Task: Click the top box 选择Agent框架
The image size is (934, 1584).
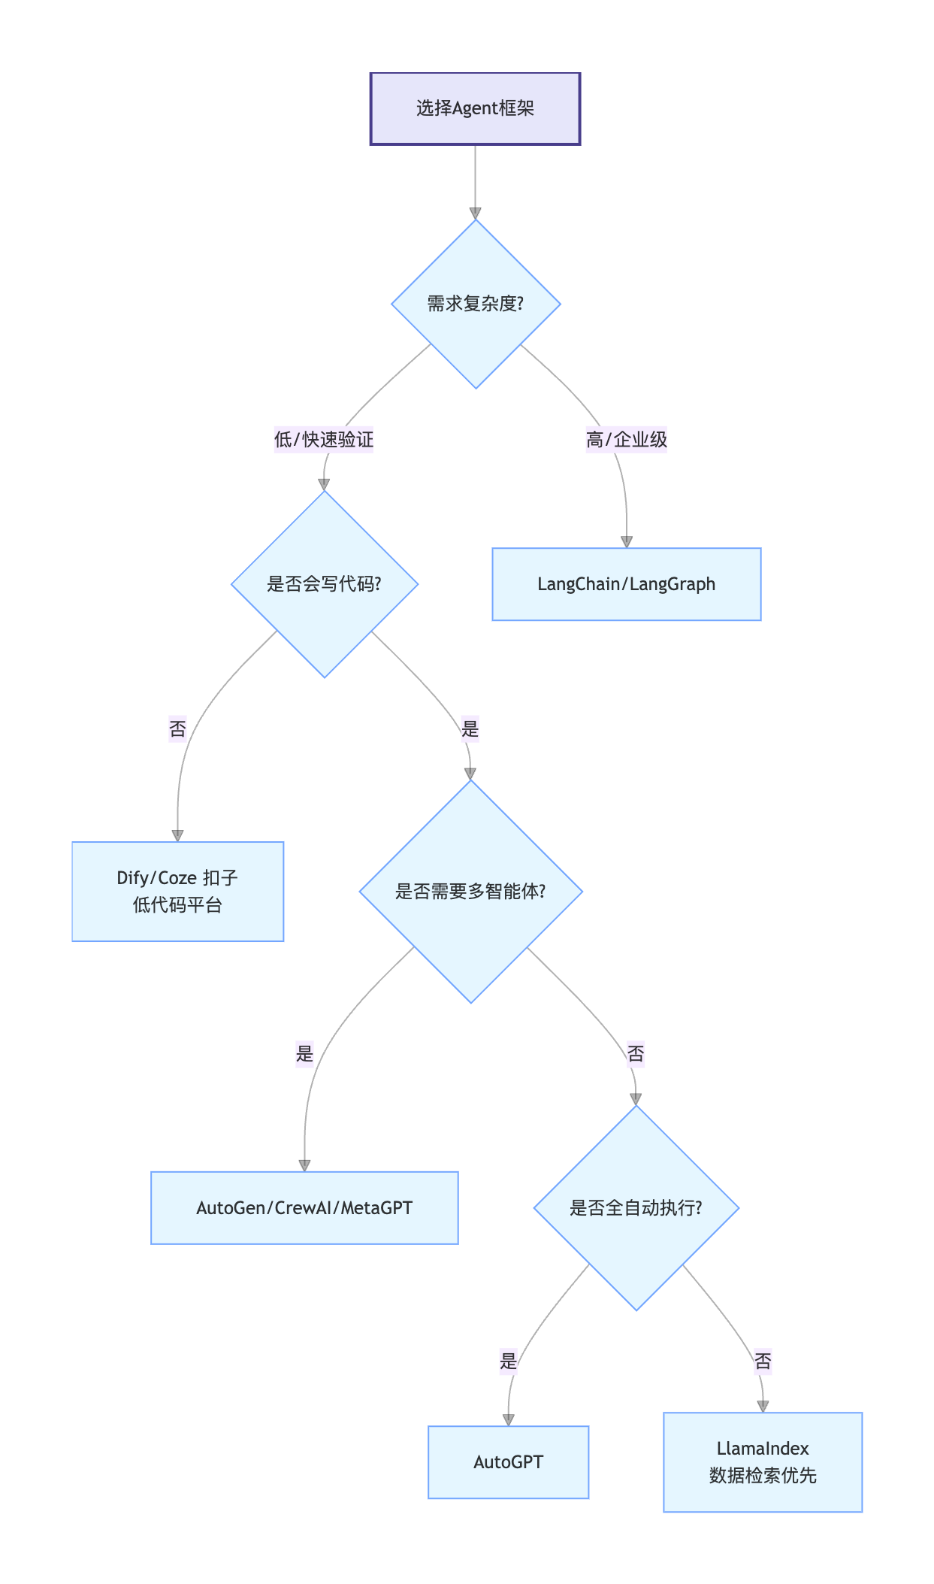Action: click(x=475, y=108)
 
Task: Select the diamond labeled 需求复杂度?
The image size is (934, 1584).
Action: click(x=476, y=304)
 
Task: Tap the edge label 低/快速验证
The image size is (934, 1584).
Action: click(x=324, y=439)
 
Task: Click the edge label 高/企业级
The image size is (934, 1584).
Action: click(x=627, y=439)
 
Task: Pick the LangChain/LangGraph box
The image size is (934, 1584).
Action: click(x=626, y=584)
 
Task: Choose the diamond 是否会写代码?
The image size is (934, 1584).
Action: click(x=325, y=584)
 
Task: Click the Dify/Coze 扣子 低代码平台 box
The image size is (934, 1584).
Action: click(x=177, y=891)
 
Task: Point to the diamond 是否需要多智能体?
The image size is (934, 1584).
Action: click(x=471, y=892)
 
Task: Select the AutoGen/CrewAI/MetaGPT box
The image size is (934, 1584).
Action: click(x=304, y=1207)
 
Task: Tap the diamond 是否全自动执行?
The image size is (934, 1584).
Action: click(x=636, y=1207)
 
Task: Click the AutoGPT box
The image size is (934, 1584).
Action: click(x=508, y=1461)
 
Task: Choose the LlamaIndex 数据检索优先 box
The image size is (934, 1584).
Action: click(x=763, y=1461)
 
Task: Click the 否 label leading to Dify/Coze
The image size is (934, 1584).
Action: click(x=177, y=728)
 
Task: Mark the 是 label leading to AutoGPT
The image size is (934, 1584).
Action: click(x=509, y=1361)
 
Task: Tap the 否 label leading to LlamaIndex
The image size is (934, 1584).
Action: click(x=763, y=1361)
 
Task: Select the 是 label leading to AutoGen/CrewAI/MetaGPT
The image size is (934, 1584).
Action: click(x=304, y=1053)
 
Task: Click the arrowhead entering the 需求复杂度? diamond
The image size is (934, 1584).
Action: click(x=475, y=214)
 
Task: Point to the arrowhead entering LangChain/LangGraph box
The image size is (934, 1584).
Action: click(x=627, y=542)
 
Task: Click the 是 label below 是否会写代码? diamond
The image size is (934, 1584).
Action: click(x=470, y=728)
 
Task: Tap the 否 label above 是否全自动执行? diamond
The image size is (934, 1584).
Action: click(x=636, y=1053)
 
